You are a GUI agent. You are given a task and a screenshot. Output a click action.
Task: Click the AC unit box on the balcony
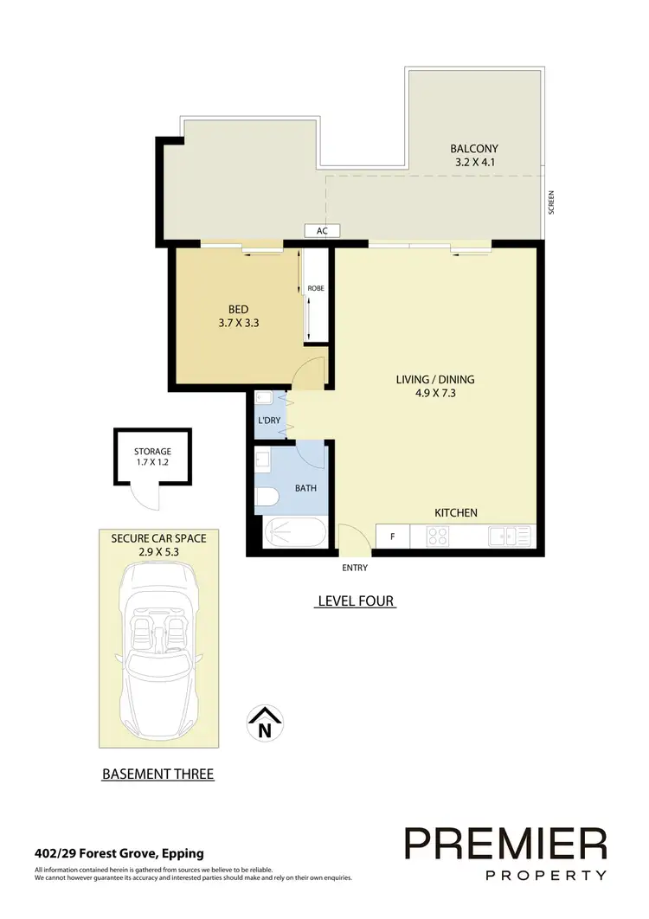pyautogui.click(x=322, y=231)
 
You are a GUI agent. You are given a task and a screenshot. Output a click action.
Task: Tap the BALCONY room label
pyautogui.click(x=474, y=148)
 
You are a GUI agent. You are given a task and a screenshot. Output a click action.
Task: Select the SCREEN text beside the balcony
pyautogui.click(x=550, y=202)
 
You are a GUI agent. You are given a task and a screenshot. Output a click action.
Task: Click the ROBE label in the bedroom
pyautogui.click(x=316, y=288)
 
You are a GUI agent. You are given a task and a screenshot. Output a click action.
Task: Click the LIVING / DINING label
pyautogui.click(x=435, y=379)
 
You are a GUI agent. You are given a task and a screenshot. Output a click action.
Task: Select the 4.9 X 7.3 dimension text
pyautogui.click(x=435, y=393)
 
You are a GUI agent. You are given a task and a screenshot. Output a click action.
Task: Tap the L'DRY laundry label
pyautogui.click(x=269, y=421)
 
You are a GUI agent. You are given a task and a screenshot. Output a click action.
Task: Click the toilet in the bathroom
pyautogui.click(x=267, y=496)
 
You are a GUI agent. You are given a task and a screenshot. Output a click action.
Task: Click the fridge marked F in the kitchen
pyautogui.click(x=393, y=537)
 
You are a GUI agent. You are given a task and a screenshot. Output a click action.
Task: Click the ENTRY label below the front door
pyautogui.click(x=355, y=568)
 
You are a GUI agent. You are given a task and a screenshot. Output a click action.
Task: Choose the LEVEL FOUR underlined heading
pyautogui.click(x=355, y=601)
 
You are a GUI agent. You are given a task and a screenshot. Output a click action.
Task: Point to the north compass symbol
pyautogui.click(x=267, y=723)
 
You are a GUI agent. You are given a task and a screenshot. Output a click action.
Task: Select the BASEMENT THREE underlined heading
pyautogui.click(x=158, y=774)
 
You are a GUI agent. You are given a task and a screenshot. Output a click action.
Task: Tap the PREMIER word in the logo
pyautogui.click(x=506, y=843)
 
